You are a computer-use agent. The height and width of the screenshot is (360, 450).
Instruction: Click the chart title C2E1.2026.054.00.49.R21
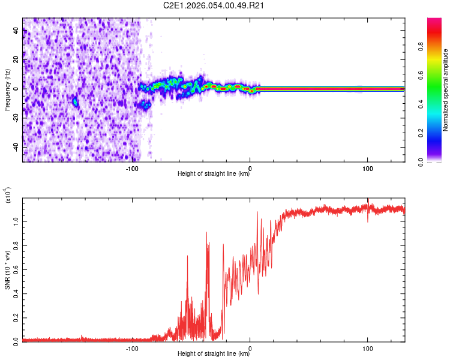point(214,6)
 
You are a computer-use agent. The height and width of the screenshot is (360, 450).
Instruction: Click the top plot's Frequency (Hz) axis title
point(7,90)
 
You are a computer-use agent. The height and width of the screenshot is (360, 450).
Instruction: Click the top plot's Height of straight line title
point(214,174)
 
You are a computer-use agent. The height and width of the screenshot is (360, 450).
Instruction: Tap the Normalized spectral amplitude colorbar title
point(445,90)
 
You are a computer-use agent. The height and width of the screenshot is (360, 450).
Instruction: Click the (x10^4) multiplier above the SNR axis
point(8,196)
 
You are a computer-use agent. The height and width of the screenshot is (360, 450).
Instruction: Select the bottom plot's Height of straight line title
point(214,354)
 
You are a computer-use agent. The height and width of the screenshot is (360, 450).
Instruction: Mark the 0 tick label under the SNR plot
point(250,348)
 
